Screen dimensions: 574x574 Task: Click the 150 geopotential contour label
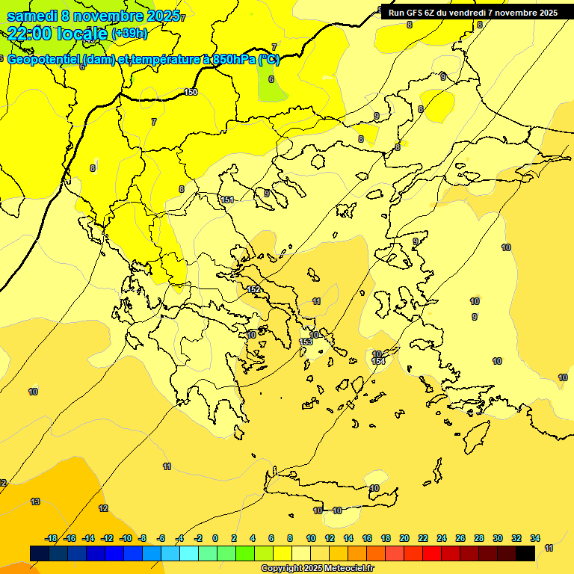pyautogui.click(x=191, y=92)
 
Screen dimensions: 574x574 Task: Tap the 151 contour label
pyautogui.click(x=228, y=200)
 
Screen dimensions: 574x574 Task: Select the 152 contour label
pyautogui.click(x=253, y=289)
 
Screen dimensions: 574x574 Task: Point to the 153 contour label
pyautogui.click(x=306, y=342)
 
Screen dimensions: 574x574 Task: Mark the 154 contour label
pyautogui.click(x=379, y=361)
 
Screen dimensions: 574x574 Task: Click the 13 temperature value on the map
pyautogui.click(x=35, y=502)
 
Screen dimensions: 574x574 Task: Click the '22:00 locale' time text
pyautogui.click(x=58, y=33)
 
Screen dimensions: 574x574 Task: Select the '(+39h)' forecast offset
pyautogui.click(x=129, y=34)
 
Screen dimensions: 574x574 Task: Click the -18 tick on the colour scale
pyautogui.click(x=52, y=538)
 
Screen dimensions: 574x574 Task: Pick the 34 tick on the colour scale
pyautogui.click(x=535, y=538)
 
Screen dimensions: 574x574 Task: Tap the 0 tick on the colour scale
pyautogui.click(x=215, y=538)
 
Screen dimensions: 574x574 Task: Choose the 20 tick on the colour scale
pyautogui.click(x=404, y=538)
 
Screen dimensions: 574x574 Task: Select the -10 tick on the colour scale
pyautogui.click(x=126, y=538)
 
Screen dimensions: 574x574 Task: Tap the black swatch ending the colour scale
pyautogui.click(x=525, y=553)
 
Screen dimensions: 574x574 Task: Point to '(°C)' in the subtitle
pyautogui.click(x=269, y=60)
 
